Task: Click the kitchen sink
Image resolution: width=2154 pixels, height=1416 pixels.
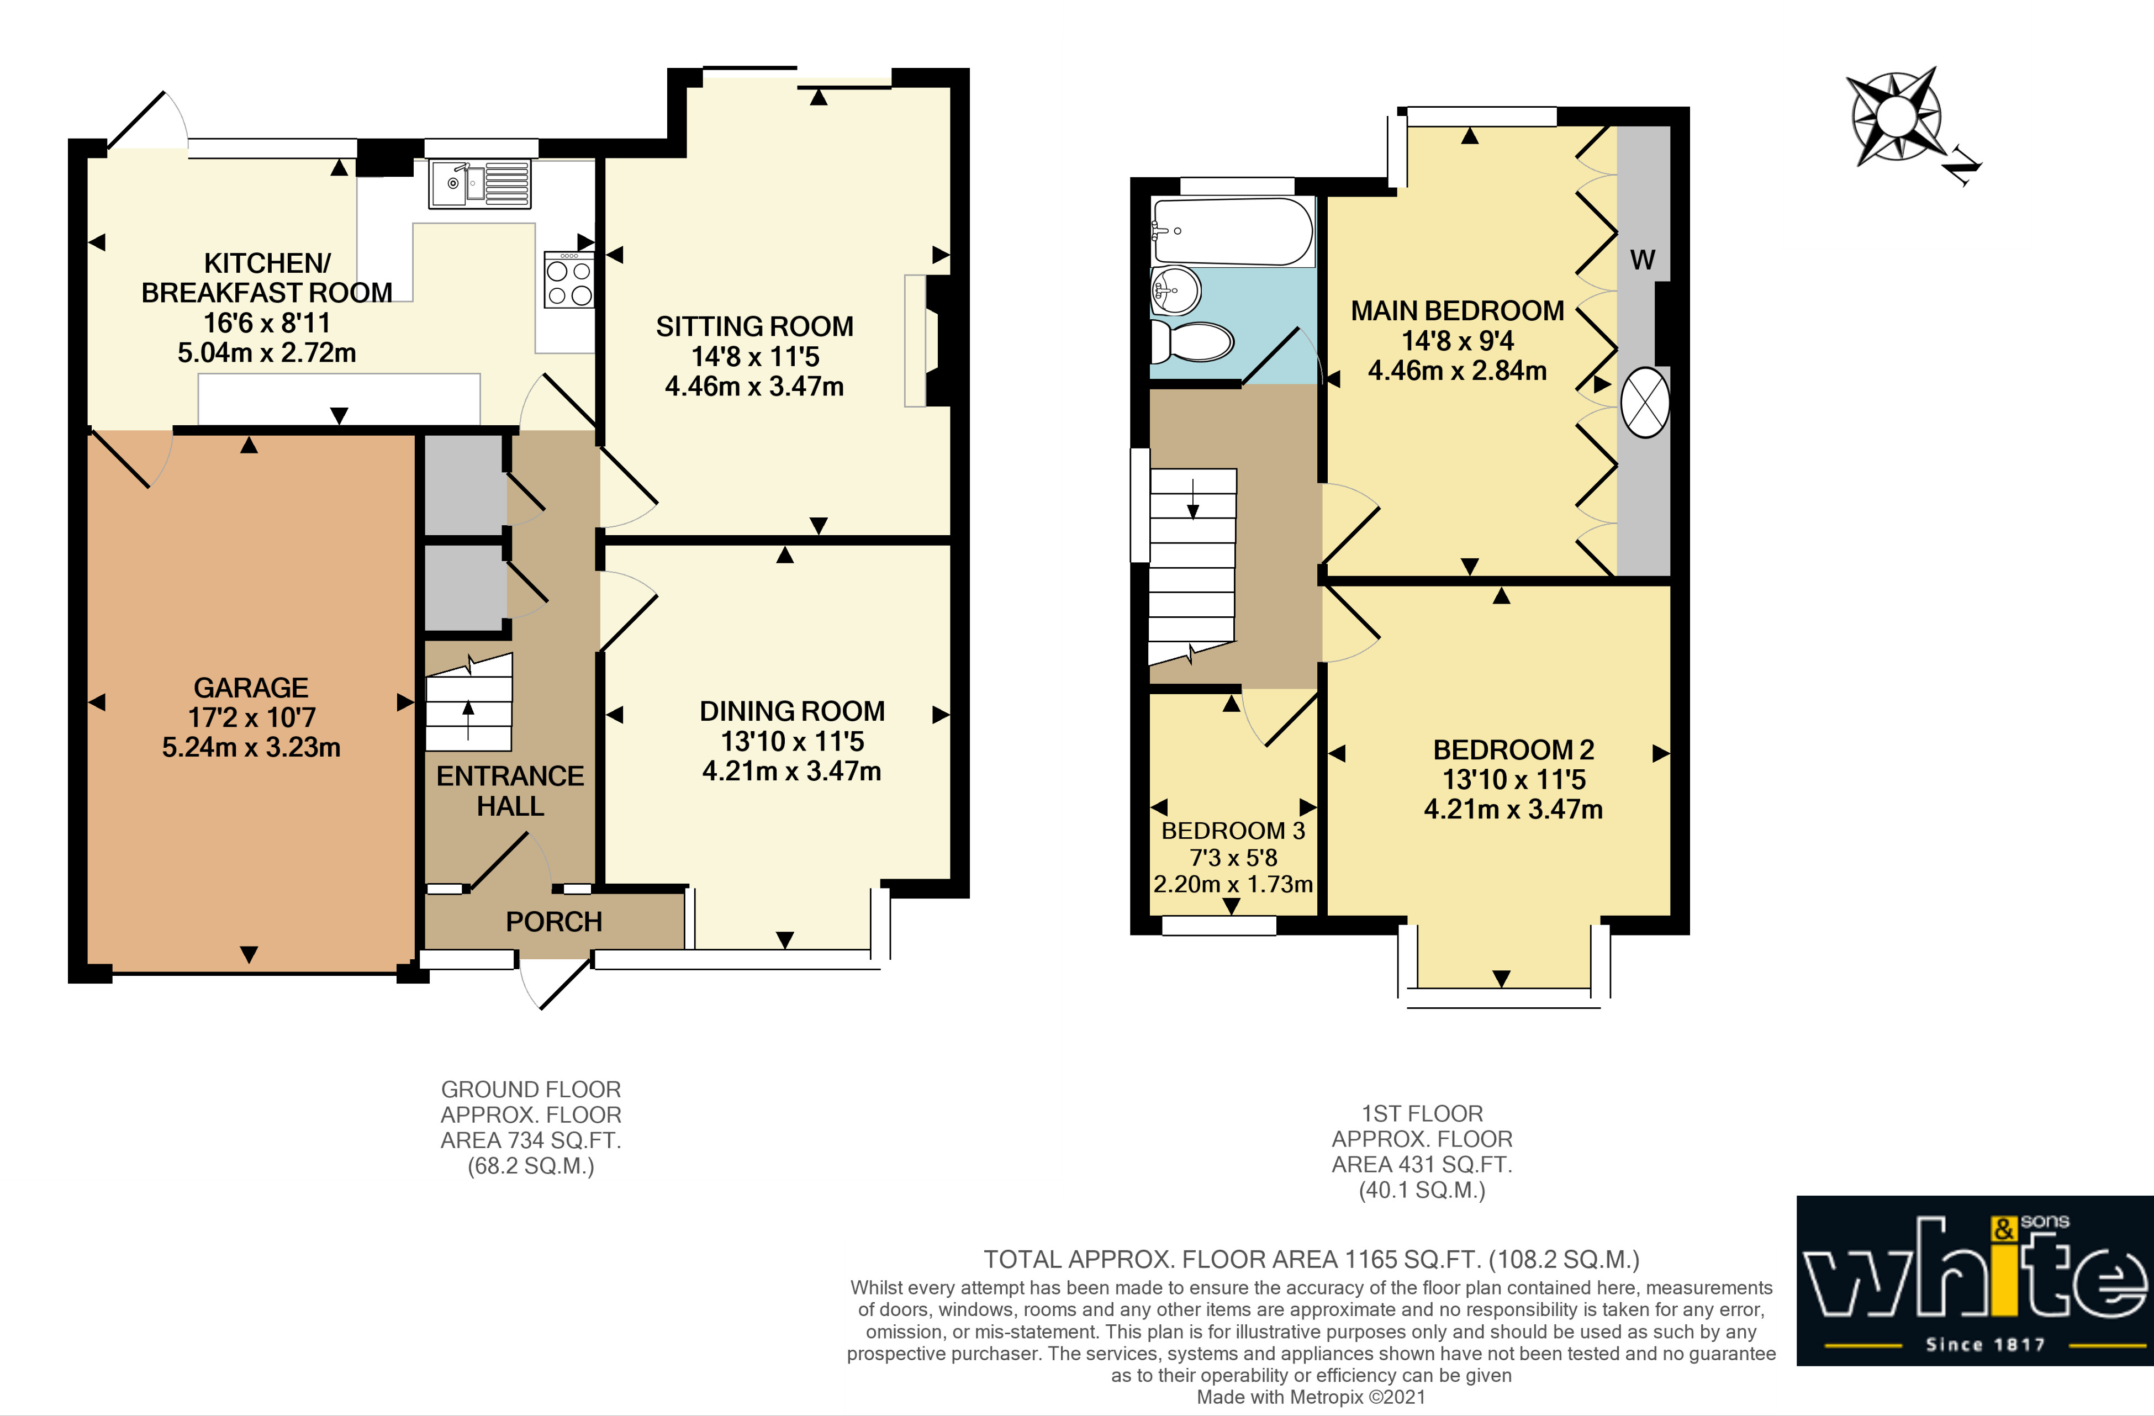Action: click(x=479, y=184)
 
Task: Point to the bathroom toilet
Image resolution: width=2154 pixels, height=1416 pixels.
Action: click(x=1193, y=342)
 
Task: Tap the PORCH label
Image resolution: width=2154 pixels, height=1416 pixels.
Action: click(x=554, y=922)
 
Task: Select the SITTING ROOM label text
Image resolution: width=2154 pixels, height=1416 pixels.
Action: click(x=755, y=326)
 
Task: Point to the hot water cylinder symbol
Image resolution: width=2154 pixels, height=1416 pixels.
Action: click(x=1644, y=403)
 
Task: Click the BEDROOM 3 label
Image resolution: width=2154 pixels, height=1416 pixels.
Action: click(x=1233, y=831)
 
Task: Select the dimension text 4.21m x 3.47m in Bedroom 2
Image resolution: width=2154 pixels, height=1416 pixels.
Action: click(x=1513, y=809)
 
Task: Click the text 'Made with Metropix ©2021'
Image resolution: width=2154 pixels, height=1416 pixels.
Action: click(x=1311, y=1397)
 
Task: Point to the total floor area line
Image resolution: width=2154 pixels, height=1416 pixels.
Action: click(x=1311, y=1260)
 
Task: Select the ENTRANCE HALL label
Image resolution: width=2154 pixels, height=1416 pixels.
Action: click(x=510, y=791)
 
